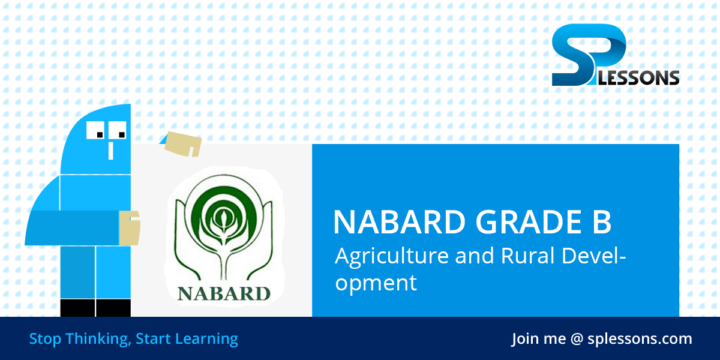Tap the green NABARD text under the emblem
(224, 293)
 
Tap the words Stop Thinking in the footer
(79, 338)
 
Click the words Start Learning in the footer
(187, 338)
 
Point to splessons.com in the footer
(640, 338)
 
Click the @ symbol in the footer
(577, 339)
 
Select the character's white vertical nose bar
(110, 150)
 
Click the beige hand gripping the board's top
(182, 143)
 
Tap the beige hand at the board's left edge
(129, 228)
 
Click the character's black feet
(95, 308)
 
